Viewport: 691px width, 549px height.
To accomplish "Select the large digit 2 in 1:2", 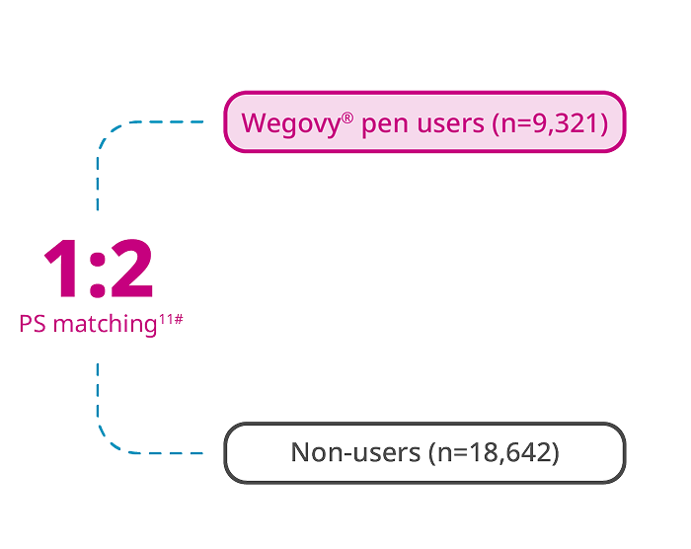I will pyautogui.click(x=130, y=270).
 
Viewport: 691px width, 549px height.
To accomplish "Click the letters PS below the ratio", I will pyautogui.click(x=32, y=322).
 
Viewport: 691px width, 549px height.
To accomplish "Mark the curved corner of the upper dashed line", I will pyautogui.click(x=107, y=134).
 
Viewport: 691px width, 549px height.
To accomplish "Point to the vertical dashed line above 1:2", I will pyautogui.click(x=98, y=188).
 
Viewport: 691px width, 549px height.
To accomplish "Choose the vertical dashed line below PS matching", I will pyautogui.click(x=98, y=390).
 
